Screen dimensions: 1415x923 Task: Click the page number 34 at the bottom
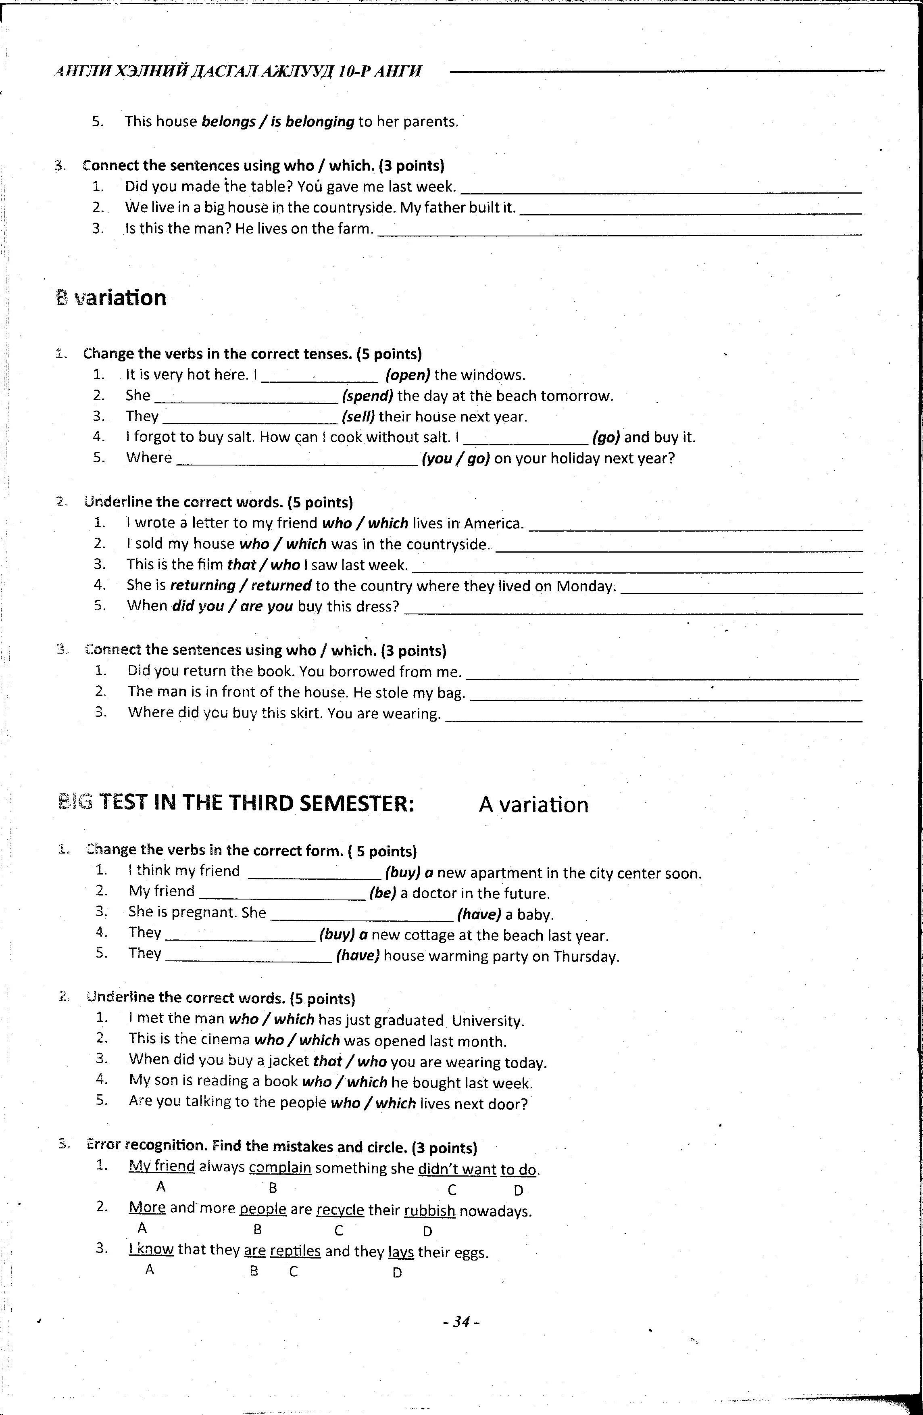461,1322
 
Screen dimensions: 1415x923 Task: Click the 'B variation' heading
111,298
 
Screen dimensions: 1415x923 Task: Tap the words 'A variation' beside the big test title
533,804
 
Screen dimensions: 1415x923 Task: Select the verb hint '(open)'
408,375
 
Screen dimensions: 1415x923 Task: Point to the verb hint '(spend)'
368,396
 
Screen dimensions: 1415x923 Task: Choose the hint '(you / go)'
455,458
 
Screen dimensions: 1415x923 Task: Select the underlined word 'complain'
280,1168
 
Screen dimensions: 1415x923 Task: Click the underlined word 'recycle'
340,1210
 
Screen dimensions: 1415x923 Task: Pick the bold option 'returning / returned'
241,586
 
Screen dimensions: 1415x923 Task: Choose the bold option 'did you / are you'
232,606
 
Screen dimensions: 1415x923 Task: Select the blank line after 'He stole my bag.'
666,697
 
